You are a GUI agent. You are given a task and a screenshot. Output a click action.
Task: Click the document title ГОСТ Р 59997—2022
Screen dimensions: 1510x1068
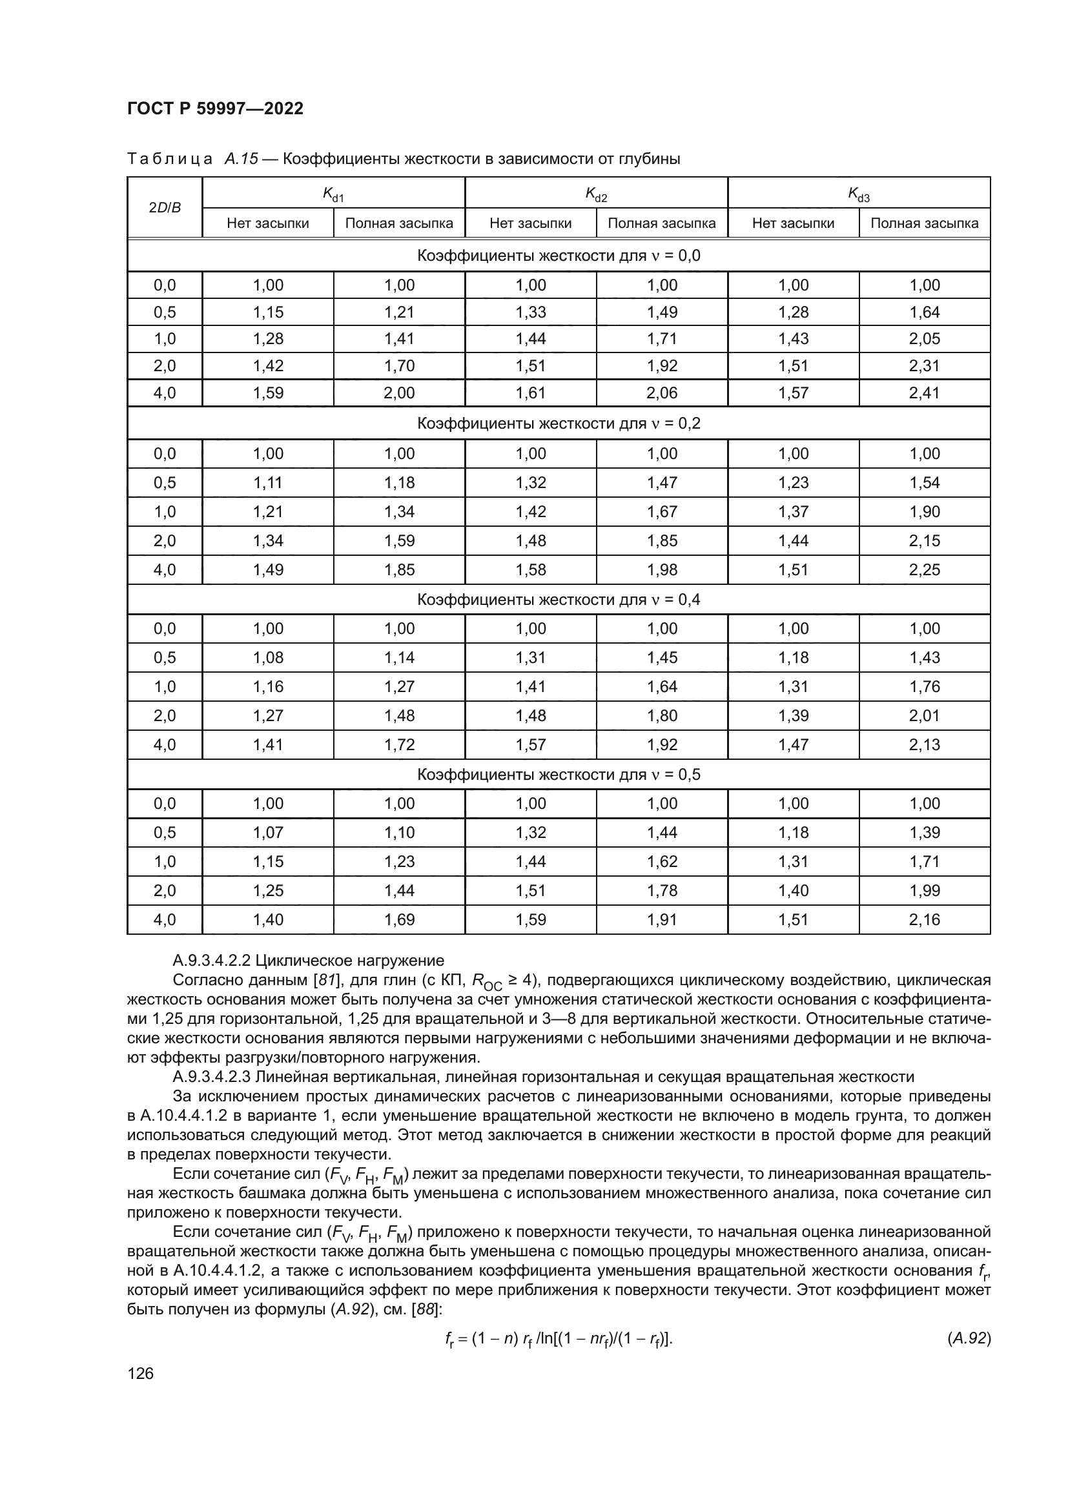(215, 108)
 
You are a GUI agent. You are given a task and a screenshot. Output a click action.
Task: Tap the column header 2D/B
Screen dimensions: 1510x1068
(165, 208)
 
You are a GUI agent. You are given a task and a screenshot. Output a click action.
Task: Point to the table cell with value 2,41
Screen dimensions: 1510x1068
(924, 393)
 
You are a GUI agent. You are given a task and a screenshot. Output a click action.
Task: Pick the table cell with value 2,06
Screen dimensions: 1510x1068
(662, 393)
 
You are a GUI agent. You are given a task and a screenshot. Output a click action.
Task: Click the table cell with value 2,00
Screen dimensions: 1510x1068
(399, 393)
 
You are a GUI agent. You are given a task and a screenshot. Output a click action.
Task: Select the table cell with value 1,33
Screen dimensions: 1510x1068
(530, 312)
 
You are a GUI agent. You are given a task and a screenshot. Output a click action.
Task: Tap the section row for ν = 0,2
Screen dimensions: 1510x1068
(559, 423)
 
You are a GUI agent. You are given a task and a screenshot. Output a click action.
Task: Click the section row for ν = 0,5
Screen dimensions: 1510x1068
(559, 775)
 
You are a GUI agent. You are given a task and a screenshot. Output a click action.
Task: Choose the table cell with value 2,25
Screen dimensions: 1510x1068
(924, 569)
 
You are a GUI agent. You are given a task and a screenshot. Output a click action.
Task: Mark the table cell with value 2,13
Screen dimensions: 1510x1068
(924, 744)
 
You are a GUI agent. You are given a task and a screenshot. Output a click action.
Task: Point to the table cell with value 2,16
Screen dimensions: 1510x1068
(924, 919)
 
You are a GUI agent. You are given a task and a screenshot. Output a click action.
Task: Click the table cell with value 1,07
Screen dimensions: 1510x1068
(268, 833)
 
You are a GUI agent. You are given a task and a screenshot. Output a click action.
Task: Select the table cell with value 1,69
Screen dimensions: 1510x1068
(399, 919)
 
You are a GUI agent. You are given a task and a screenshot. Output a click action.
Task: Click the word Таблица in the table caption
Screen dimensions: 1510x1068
(170, 159)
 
